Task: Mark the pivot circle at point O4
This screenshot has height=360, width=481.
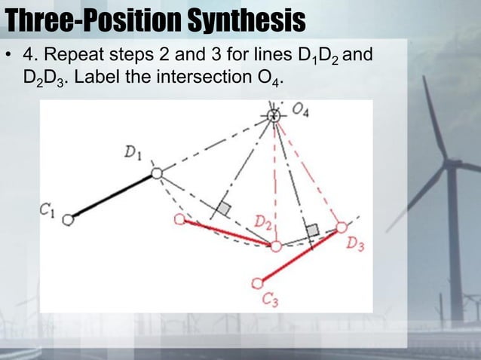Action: coord(275,115)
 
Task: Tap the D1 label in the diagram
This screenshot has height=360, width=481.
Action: coord(134,153)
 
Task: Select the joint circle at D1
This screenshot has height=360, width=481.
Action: coord(157,173)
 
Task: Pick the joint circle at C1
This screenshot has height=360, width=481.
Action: coord(69,220)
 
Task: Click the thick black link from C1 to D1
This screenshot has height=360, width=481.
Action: coord(113,197)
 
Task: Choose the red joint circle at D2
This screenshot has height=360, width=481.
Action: coord(276,246)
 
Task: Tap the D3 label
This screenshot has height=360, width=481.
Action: coord(354,245)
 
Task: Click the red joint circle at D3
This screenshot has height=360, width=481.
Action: coord(341,227)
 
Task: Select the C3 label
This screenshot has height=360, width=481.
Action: coord(271,300)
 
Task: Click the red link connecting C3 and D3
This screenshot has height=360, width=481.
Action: coord(299,255)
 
